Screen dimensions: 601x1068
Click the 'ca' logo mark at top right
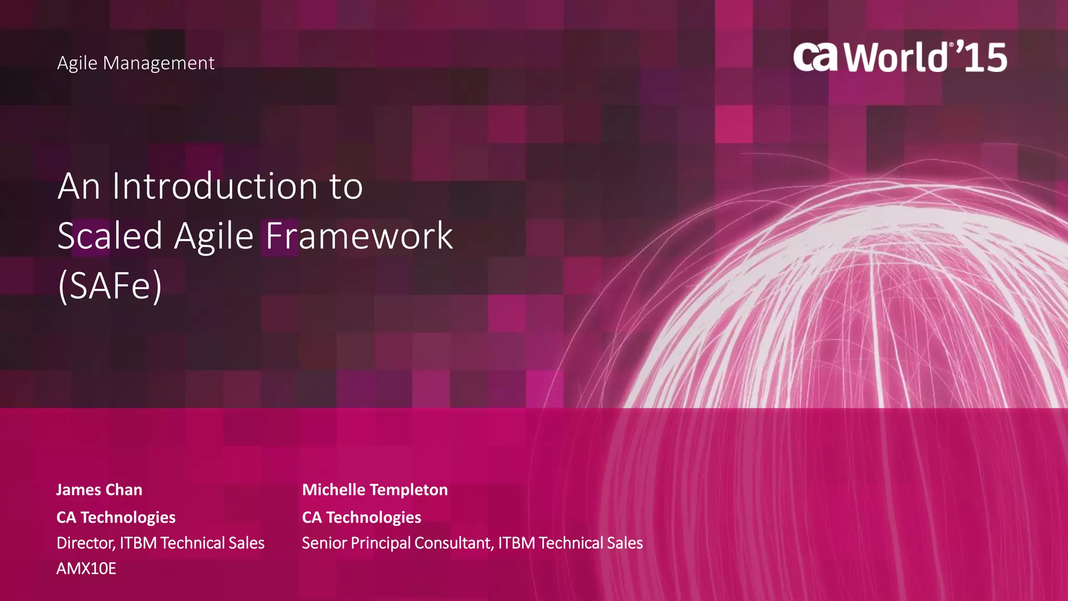point(816,57)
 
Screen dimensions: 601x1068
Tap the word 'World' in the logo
point(896,57)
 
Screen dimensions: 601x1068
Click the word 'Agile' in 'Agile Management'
point(77,63)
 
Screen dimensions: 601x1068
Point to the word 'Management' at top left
point(159,63)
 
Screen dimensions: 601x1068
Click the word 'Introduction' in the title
point(215,186)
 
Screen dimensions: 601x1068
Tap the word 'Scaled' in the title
point(110,236)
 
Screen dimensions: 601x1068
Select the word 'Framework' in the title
point(359,236)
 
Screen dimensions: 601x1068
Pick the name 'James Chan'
point(99,490)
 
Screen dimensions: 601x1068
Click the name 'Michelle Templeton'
point(375,490)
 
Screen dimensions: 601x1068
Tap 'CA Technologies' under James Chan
point(116,518)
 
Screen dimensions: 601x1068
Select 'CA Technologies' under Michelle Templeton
point(361,518)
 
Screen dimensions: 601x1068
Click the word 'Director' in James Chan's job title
point(86,543)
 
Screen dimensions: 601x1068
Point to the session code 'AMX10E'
point(86,569)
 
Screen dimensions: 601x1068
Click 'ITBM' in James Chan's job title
point(138,543)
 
